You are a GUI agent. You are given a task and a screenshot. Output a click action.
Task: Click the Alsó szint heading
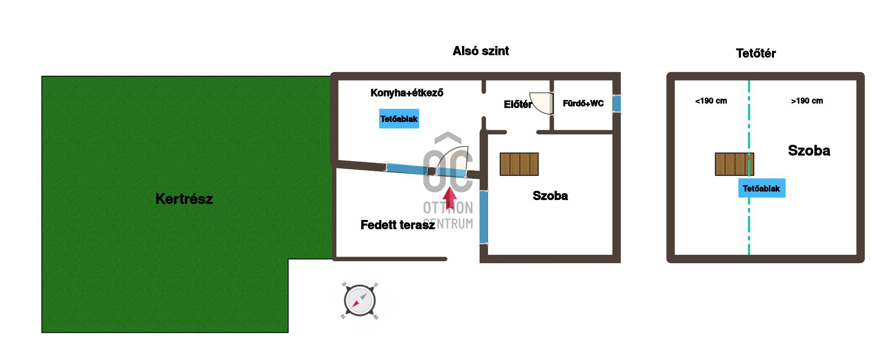pos(480,51)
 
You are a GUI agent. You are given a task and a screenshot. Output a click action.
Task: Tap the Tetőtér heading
pos(756,53)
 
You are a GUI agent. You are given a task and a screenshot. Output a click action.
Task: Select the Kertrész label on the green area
pos(184,199)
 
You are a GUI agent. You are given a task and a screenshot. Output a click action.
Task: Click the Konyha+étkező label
pos(407,93)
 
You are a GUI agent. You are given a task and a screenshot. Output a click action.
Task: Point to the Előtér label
pos(518,104)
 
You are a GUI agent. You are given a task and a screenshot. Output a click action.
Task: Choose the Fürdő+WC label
pos(583,104)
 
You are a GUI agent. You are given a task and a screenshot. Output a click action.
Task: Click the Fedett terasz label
pos(398,225)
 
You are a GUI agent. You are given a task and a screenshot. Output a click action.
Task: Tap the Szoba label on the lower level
pos(550,196)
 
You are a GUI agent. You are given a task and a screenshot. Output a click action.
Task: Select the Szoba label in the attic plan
pos(809,150)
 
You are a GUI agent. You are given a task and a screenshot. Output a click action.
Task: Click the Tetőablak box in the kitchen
pos(399,118)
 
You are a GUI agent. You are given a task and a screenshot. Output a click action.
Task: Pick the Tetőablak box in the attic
pos(762,188)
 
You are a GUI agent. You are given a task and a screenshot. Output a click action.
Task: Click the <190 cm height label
pos(711,101)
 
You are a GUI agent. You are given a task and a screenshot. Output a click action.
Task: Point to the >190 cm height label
pos(807,101)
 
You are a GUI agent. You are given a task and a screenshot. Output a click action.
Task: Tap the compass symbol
pos(360,301)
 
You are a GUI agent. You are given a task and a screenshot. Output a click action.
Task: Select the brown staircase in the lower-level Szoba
pos(519,164)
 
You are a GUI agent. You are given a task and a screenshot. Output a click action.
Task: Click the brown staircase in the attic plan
pos(734,164)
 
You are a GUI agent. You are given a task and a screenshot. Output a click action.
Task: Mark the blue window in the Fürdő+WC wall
pos(616,104)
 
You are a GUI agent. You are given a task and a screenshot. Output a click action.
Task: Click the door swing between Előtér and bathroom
pos(541,103)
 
